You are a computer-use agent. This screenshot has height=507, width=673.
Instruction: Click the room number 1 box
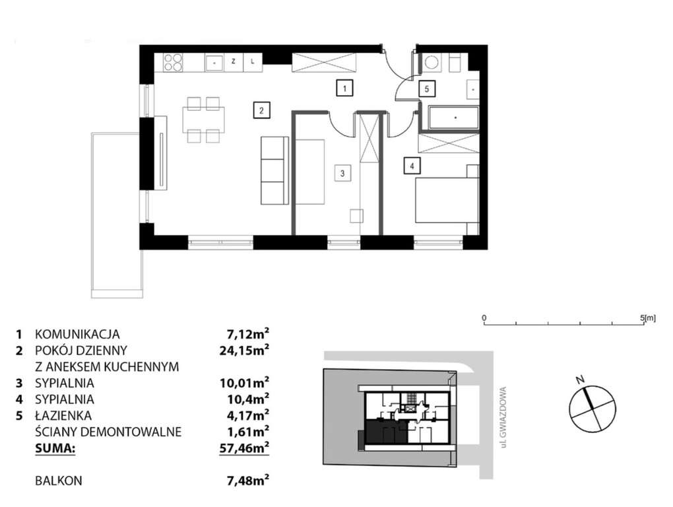click(x=342, y=86)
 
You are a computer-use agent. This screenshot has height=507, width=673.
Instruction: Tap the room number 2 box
click(x=261, y=110)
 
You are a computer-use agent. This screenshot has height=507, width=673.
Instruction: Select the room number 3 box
click(x=342, y=174)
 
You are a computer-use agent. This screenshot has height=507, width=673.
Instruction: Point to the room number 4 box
click(x=411, y=166)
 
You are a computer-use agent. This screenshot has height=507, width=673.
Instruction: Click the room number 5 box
click(x=427, y=87)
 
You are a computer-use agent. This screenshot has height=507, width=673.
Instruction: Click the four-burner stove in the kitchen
click(x=172, y=63)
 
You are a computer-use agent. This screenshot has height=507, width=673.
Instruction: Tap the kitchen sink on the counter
click(x=214, y=63)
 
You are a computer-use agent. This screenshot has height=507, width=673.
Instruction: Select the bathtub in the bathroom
click(x=455, y=117)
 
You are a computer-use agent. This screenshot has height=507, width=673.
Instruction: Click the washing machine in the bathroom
click(x=432, y=63)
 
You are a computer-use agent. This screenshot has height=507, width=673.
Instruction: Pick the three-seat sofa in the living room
click(x=274, y=171)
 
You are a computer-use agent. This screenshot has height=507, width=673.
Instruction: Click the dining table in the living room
click(x=203, y=119)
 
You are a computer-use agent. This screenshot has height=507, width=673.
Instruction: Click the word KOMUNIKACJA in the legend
click(x=77, y=334)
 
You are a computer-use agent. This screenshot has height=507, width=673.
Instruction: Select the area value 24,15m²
click(x=245, y=350)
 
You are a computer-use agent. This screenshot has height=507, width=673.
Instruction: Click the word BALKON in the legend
click(x=59, y=481)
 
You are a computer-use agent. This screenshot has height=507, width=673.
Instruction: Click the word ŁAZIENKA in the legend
click(x=63, y=416)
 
